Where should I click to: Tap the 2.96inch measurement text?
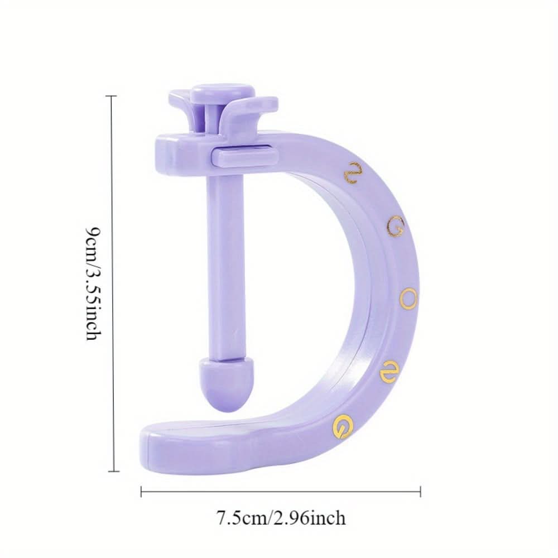pyautogui.click(x=309, y=518)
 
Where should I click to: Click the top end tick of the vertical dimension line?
pyautogui.click(x=112, y=96)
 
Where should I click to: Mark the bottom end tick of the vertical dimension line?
pyautogui.click(x=114, y=472)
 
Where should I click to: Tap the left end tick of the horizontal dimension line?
pyautogui.click(x=141, y=492)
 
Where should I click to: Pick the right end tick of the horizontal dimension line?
pyautogui.click(x=420, y=492)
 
